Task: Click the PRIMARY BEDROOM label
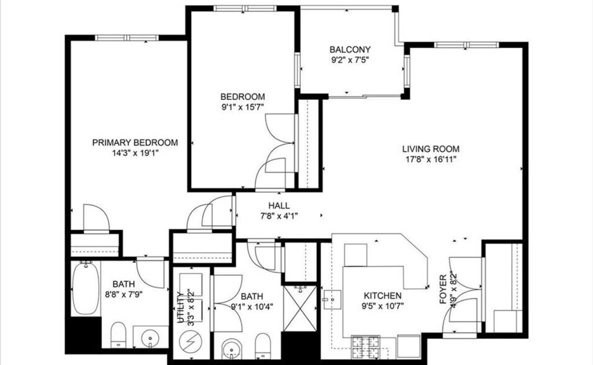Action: [x=135, y=142]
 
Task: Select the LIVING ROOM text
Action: [x=430, y=148]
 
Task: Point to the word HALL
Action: [x=279, y=205]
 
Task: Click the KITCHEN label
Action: [x=382, y=295]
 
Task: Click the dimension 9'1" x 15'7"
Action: [x=243, y=107]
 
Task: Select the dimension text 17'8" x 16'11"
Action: [x=430, y=159]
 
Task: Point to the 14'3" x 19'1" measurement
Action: [x=135, y=153]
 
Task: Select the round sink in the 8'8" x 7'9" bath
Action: [x=151, y=338]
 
